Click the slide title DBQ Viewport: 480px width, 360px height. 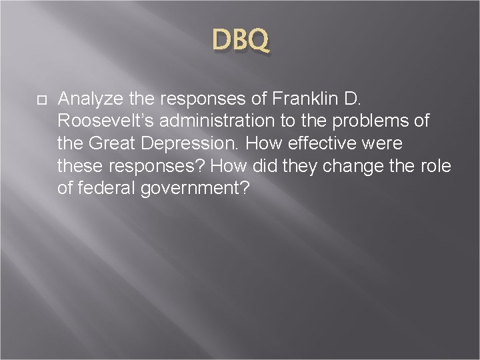coord(241,41)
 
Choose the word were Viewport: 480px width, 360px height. coord(384,144)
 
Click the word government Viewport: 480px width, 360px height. coord(191,189)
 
